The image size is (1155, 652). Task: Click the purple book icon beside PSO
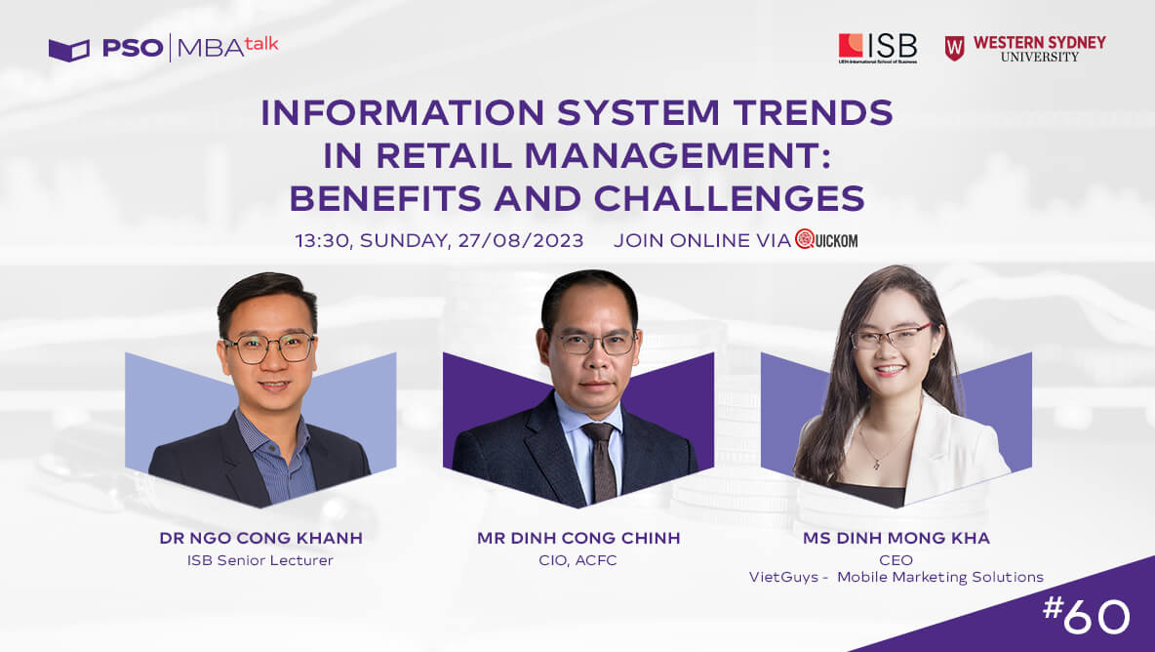click(x=68, y=50)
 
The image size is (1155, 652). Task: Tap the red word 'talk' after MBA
click(x=261, y=44)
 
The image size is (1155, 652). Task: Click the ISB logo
click(x=877, y=49)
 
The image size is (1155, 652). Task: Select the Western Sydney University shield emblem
click(x=954, y=49)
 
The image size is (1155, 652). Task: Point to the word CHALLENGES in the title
click(x=730, y=198)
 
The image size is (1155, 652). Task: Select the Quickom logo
click(x=825, y=239)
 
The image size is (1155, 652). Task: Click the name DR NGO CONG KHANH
click(x=260, y=538)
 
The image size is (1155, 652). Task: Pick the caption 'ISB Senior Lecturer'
click(x=260, y=560)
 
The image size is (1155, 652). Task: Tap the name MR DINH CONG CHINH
click(x=578, y=538)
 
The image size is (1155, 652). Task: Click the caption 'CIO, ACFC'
click(x=577, y=560)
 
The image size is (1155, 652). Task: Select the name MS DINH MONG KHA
click(x=896, y=538)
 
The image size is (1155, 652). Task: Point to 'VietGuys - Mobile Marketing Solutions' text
click(x=896, y=577)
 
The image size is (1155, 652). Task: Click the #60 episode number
click(x=1086, y=615)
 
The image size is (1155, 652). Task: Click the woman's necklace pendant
click(x=876, y=465)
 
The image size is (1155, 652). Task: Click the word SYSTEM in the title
click(x=638, y=112)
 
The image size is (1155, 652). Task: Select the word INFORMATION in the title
click(x=402, y=112)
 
